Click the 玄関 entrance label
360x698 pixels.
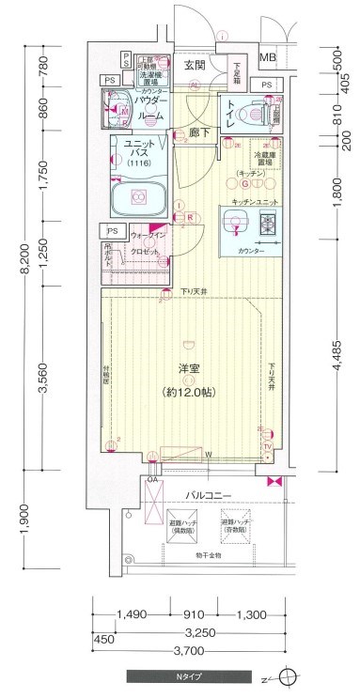tap(195, 65)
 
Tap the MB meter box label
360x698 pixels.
tap(268, 58)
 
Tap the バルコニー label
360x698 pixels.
tap(202, 493)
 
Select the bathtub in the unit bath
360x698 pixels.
tap(138, 198)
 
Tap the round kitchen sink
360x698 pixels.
tap(235, 224)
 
